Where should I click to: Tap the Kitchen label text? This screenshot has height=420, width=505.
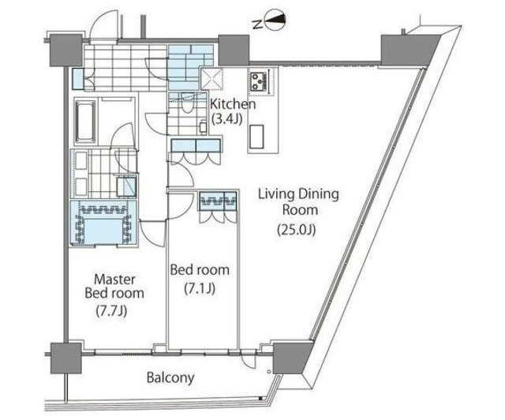click(x=233, y=104)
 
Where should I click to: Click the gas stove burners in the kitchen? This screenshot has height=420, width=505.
click(x=260, y=81)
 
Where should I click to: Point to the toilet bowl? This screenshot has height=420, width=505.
click(x=186, y=105)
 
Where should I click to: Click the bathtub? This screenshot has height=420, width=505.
click(x=85, y=121)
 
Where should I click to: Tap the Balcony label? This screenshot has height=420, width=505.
click(x=170, y=377)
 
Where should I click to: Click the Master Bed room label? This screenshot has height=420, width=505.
click(x=114, y=287)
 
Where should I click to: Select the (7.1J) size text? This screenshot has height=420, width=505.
click(x=200, y=288)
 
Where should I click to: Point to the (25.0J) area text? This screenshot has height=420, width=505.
click(x=297, y=230)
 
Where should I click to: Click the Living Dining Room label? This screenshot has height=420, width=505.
click(x=299, y=202)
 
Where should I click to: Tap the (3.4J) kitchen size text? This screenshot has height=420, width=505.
click(x=226, y=119)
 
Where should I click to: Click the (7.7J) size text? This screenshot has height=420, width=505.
click(x=111, y=311)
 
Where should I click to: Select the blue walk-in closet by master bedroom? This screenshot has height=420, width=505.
click(x=104, y=223)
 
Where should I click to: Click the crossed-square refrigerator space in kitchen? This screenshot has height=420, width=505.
click(x=212, y=79)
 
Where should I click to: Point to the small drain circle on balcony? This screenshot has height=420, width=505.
click(x=269, y=372)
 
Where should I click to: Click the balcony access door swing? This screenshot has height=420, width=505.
click(x=249, y=360)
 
